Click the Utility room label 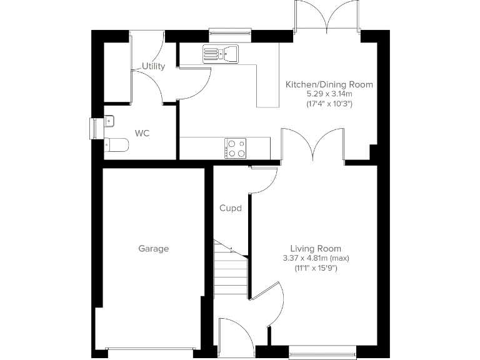[153, 66]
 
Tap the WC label [142, 134]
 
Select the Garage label [153, 249]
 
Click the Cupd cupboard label [230, 208]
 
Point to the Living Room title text [316, 248]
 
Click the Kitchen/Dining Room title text [329, 84]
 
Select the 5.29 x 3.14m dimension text [329, 94]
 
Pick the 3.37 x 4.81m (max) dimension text [316, 258]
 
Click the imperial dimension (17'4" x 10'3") [329, 103]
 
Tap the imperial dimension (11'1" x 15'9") [316, 268]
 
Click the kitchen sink [221, 55]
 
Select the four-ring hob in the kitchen [235, 148]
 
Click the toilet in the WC [116, 145]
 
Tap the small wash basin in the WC [109, 121]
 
